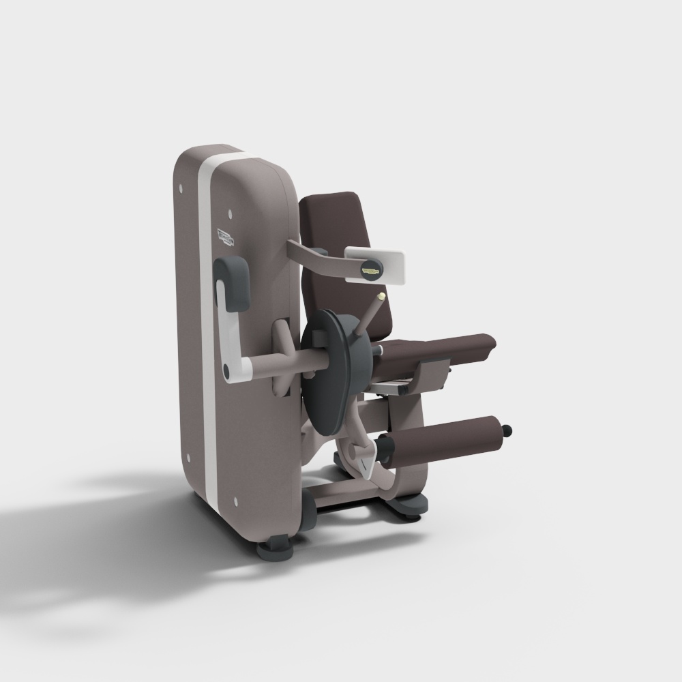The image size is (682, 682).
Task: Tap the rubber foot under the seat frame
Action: (x=409, y=506)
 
